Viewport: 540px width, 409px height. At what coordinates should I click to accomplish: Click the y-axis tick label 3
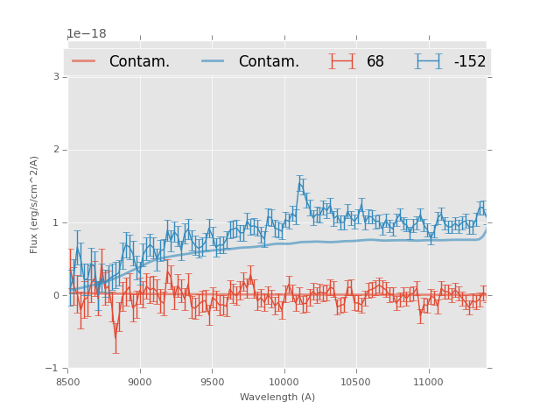coord(55,77)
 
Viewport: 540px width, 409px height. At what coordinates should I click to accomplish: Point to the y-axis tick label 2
coord(55,150)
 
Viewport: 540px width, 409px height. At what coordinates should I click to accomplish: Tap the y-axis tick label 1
coord(55,222)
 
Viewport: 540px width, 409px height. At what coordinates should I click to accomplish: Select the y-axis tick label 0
coord(55,295)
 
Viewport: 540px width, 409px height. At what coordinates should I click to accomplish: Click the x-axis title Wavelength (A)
coord(277,397)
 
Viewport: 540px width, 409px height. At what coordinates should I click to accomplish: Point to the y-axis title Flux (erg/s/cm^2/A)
coord(35,204)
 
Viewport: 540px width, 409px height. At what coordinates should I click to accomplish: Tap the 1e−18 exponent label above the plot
coord(87,34)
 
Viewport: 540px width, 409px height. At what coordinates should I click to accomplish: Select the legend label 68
coord(375,62)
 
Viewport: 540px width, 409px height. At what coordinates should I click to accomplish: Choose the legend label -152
coord(469,62)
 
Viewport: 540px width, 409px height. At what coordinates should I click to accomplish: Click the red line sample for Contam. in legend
coord(84,61)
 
